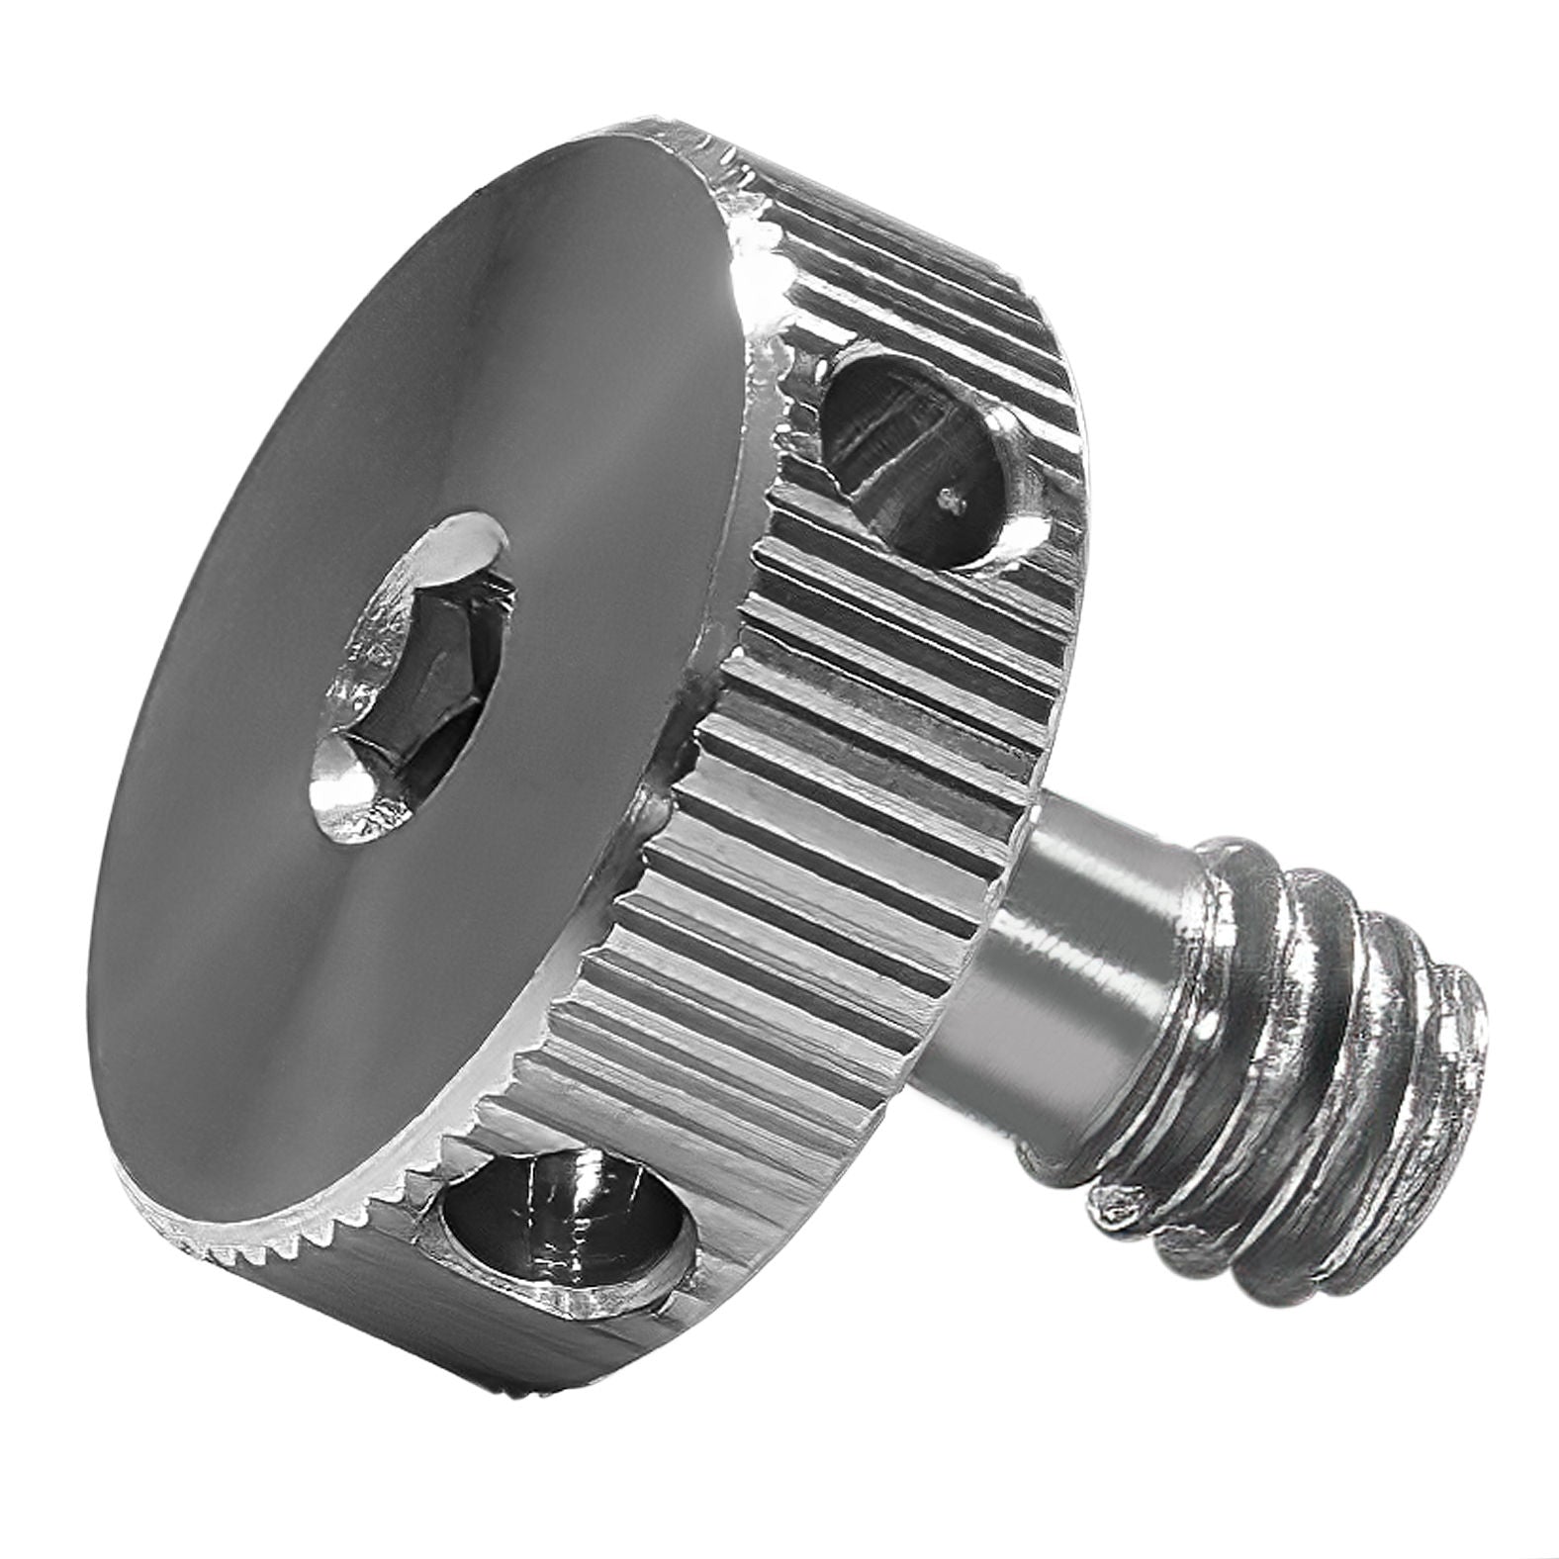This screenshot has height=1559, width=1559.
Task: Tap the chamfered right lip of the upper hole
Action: [1029, 514]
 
